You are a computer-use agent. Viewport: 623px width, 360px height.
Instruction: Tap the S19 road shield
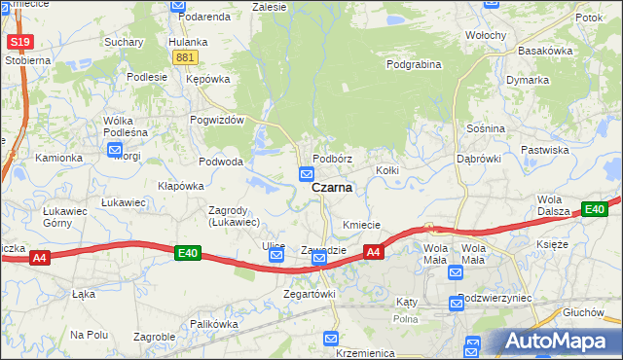click(x=18, y=42)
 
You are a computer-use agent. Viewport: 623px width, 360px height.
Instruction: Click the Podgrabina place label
click(x=414, y=64)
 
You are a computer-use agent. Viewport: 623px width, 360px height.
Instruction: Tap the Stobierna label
click(x=26, y=59)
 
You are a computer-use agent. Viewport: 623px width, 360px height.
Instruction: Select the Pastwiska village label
click(x=571, y=150)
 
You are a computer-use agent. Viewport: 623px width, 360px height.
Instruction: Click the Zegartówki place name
click(x=309, y=293)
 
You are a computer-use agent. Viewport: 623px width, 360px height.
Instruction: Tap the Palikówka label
click(x=214, y=323)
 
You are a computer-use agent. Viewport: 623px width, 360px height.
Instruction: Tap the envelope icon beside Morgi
click(x=115, y=151)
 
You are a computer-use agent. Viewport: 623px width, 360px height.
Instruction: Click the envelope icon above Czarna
click(x=307, y=174)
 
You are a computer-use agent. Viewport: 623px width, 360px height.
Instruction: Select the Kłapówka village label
click(x=181, y=185)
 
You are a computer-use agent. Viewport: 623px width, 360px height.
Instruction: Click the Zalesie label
click(x=269, y=6)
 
